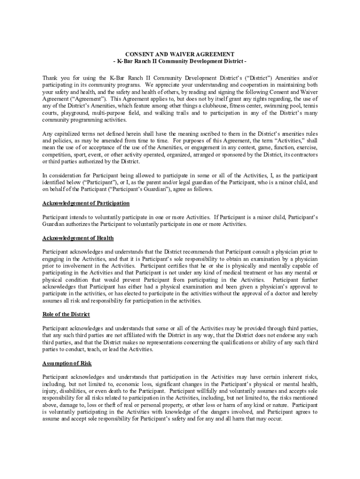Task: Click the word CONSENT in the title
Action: click(x=142, y=54)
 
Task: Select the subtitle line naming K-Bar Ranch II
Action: click(x=180, y=61)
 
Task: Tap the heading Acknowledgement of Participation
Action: click(x=86, y=203)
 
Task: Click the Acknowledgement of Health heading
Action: click(x=78, y=238)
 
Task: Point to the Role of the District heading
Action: click(x=66, y=314)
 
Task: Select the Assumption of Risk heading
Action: click(x=67, y=363)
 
